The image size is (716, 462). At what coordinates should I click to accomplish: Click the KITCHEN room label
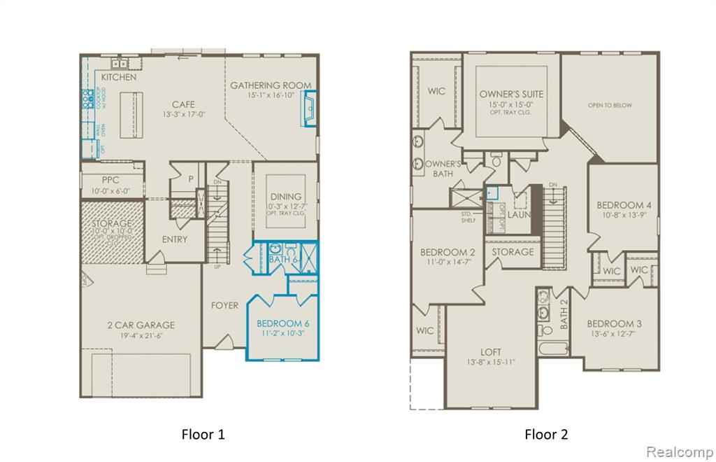119,77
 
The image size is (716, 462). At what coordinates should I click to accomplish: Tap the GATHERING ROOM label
271,85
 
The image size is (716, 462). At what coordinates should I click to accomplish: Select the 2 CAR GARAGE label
141,325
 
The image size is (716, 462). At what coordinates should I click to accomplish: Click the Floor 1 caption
203,435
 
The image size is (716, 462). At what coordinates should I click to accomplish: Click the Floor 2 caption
546,435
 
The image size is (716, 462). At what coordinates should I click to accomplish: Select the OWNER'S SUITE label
511,94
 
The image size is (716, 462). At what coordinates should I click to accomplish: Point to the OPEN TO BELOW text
610,106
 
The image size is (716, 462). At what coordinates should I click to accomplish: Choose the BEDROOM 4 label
624,205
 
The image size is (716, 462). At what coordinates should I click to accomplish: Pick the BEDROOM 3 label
614,323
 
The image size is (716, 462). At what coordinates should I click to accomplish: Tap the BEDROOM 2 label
447,252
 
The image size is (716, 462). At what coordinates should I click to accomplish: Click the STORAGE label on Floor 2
513,252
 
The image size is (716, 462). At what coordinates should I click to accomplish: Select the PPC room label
110,180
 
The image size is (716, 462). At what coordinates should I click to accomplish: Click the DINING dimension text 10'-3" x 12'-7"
286,206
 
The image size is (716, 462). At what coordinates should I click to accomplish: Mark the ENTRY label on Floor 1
174,239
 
